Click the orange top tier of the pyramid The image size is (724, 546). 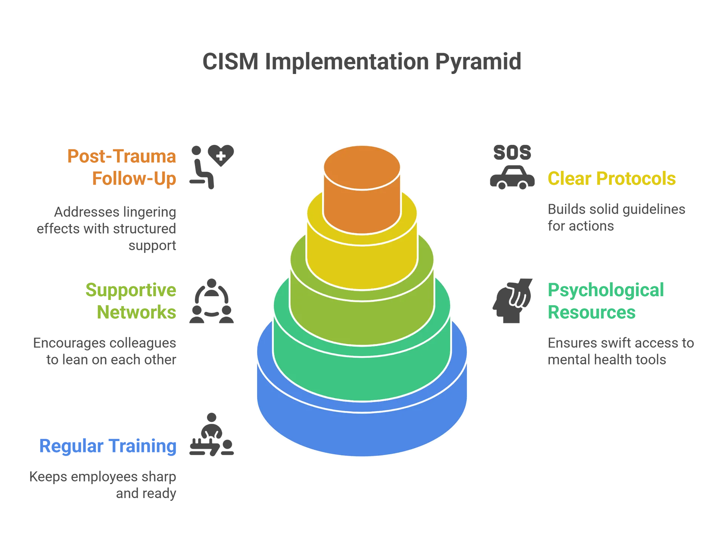point(362,189)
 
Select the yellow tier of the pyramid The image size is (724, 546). point(362,264)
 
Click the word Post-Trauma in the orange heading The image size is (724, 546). point(121,157)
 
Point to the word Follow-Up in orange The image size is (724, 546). point(134,178)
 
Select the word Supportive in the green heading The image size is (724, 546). point(131,291)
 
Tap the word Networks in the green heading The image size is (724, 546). point(137,312)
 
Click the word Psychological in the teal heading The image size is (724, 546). point(606,291)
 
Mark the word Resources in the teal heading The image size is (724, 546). point(591,312)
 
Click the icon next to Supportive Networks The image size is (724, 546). point(211,302)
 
